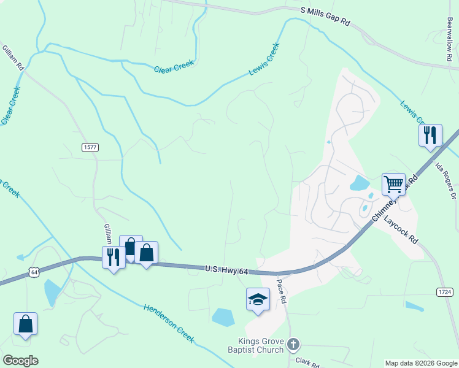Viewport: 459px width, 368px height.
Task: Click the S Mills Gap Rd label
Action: click(x=325, y=17)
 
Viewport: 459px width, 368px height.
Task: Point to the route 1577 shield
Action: click(x=90, y=147)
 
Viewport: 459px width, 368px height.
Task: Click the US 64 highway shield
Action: click(x=34, y=271)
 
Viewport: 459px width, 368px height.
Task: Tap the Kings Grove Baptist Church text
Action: click(x=261, y=345)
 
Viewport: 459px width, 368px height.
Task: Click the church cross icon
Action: click(x=293, y=345)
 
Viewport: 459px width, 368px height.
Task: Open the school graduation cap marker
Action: click(x=258, y=299)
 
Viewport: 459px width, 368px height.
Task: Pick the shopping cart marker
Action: click(x=393, y=183)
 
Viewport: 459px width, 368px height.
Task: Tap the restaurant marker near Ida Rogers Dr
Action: click(x=430, y=134)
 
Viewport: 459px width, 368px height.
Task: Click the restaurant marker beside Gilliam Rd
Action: click(x=114, y=256)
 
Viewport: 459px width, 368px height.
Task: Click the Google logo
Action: click(x=21, y=361)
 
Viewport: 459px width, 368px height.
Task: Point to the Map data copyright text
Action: click(x=420, y=363)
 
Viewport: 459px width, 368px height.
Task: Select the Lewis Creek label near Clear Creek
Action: click(x=264, y=59)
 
